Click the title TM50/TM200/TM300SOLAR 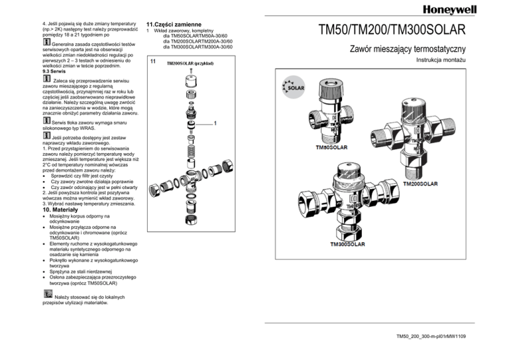coord(392,30)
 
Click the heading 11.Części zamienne coord(174,23)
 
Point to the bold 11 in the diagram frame coord(152,62)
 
